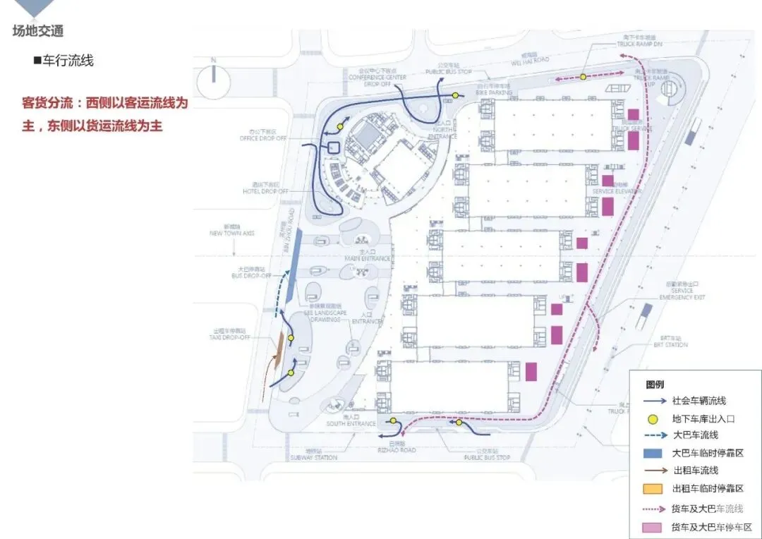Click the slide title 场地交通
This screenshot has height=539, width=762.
click(38, 31)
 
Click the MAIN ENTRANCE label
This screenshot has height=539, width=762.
click(367, 259)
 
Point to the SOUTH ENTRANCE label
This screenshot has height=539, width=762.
click(351, 423)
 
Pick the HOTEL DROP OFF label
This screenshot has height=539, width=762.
click(265, 191)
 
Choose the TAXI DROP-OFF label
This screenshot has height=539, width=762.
click(231, 337)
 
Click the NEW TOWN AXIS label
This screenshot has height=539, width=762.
click(232, 233)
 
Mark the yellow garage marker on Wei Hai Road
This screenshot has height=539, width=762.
click(583, 77)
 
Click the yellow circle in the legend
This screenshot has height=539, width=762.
click(655, 418)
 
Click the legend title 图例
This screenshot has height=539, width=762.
click(654, 384)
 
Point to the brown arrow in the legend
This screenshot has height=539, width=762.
click(655, 471)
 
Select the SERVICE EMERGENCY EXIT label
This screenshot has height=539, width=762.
click(682, 293)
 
